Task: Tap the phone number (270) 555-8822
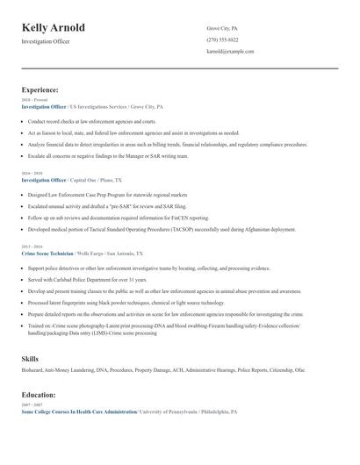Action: [x=222, y=40]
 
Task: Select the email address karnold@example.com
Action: [x=230, y=52]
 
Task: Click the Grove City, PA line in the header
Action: [x=222, y=29]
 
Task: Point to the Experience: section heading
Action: [x=40, y=89]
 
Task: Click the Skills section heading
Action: [x=30, y=358]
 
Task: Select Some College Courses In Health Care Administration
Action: [x=79, y=411]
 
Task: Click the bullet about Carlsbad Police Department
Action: [x=88, y=279]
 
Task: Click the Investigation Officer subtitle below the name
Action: [x=46, y=41]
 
